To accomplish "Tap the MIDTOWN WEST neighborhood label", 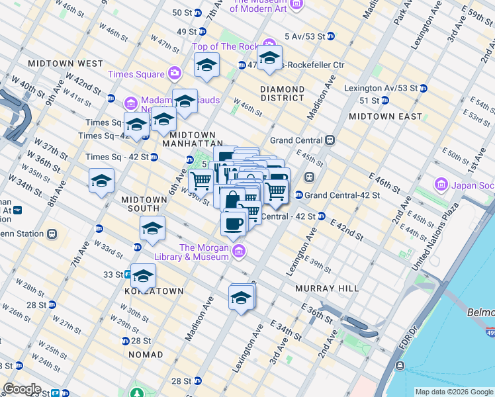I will (66, 64).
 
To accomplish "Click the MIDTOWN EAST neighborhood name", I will (385, 116).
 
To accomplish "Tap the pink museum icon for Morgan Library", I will (239, 251).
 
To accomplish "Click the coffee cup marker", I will (234, 224).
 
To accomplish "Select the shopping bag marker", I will (232, 200).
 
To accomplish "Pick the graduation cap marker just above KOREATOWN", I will (143, 276).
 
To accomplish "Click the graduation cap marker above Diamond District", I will (269, 58).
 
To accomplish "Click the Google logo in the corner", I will (22, 389).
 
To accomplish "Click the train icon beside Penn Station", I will (52, 234).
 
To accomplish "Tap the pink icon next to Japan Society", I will (441, 185).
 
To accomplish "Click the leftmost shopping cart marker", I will (201, 180).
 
